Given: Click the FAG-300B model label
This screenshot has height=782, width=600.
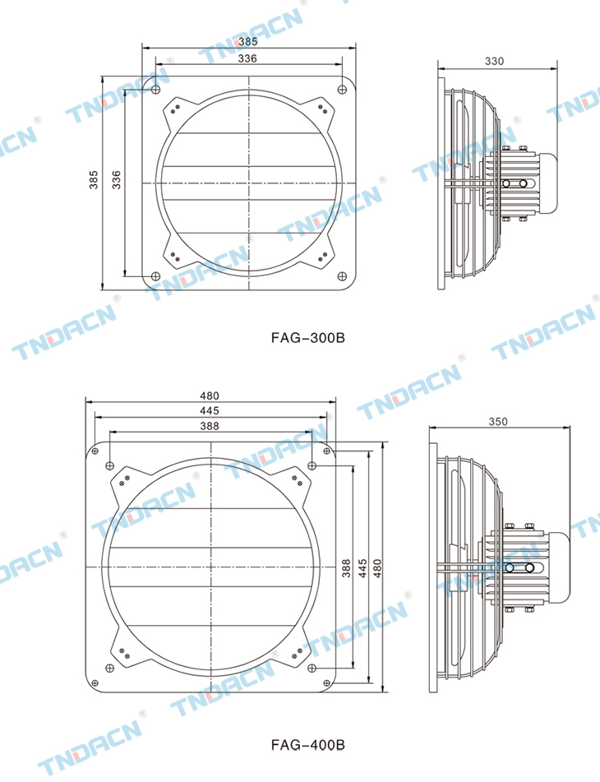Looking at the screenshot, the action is (x=307, y=338).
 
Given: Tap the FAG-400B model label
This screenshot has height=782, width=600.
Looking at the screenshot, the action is (x=307, y=745).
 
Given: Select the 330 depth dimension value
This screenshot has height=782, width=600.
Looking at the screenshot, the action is (x=494, y=61).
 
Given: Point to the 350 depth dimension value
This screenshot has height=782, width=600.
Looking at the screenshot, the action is (x=498, y=421).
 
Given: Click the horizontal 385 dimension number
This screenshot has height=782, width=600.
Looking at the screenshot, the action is (x=247, y=41).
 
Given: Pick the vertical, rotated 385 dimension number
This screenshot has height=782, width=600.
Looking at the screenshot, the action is (x=94, y=179).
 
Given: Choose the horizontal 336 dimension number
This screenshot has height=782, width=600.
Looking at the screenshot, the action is (x=247, y=58).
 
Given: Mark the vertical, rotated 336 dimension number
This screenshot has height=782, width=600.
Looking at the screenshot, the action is (x=116, y=179).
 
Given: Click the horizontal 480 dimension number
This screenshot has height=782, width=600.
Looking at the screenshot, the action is (x=210, y=396).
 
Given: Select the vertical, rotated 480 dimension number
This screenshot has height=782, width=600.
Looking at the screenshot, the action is (x=377, y=568).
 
